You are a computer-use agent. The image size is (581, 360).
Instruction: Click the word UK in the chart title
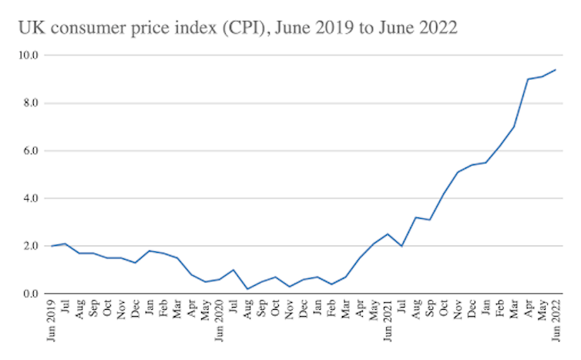pos(30,29)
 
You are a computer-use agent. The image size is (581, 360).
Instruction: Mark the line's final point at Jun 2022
pos(556,69)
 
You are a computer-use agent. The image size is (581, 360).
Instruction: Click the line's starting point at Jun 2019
pos(51,246)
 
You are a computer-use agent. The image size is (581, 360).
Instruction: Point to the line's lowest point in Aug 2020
pos(247,289)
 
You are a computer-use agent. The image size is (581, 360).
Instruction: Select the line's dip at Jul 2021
pos(401,246)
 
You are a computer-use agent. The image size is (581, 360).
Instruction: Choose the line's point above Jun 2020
pos(219,279)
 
